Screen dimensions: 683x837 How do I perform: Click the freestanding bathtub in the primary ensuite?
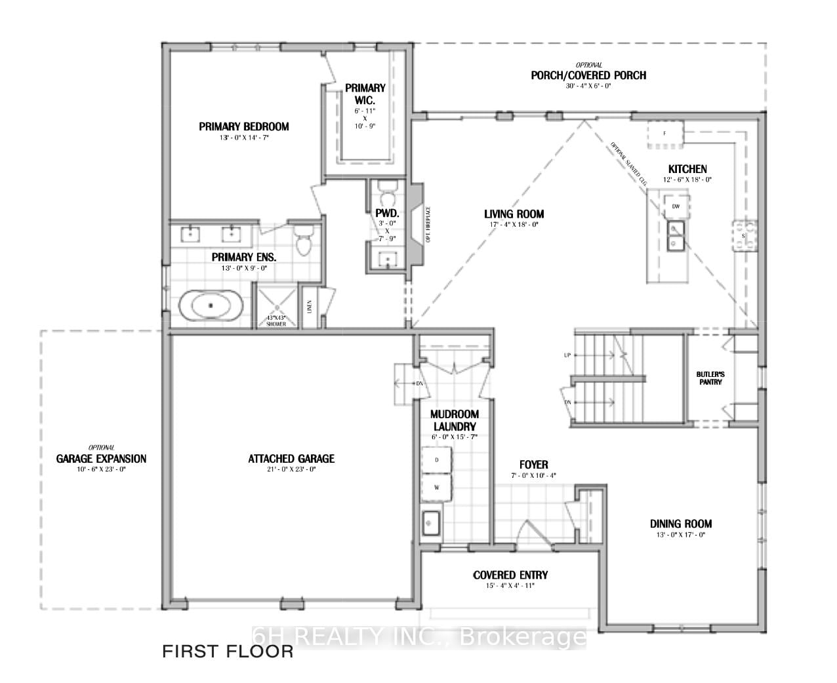click(211, 305)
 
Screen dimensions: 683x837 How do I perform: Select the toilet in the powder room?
click(387, 194)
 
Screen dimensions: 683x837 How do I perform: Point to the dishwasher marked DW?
click(676, 206)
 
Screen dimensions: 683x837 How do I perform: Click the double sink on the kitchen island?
click(675, 235)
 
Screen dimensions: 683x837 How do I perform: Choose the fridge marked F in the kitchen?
click(664, 133)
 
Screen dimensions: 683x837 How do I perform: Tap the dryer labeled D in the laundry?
click(437, 460)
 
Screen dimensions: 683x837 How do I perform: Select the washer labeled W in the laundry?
click(437, 488)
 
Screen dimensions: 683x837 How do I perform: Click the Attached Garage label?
click(291, 459)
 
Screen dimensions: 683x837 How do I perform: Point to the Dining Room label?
click(681, 524)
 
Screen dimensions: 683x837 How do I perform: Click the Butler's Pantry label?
click(710, 378)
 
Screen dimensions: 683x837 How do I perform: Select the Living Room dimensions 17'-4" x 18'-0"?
click(514, 224)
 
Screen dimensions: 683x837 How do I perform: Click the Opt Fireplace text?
click(427, 224)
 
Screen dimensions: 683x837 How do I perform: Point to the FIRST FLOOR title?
click(228, 652)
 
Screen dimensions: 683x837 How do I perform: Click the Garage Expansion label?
click(101, 459)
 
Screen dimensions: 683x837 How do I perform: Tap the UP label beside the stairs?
click(567, 355)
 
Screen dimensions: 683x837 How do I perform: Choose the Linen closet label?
click(309, 306)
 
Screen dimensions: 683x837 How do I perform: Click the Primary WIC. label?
click(365, 94)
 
